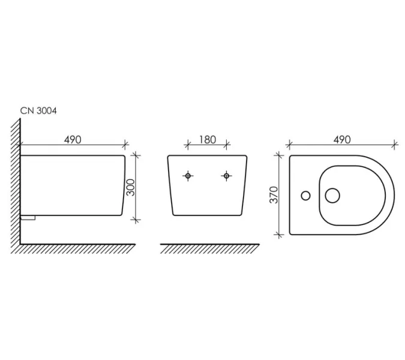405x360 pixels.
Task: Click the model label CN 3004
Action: click(38, 111)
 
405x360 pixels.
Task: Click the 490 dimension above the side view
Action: click(73, 140)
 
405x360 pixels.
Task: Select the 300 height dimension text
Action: click(131, 187)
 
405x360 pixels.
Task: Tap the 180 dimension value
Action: click(208, 140)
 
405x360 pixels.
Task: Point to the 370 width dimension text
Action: click(274, 195)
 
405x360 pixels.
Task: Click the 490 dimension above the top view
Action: click(342, 140)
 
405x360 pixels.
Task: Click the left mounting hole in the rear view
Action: click(188, 176)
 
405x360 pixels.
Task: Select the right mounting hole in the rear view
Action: click(227, 176)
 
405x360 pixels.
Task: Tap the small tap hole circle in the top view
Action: click(305, 196)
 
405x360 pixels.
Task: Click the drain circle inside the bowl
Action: click(332, 195)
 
